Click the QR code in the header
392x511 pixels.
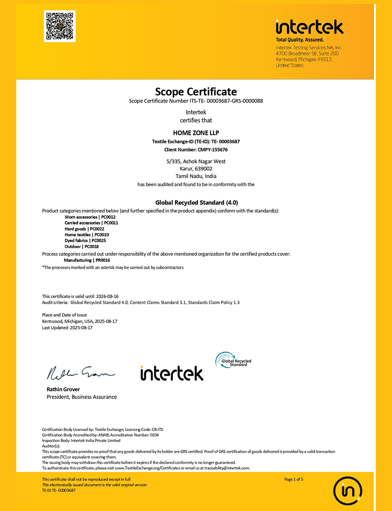(60, 26)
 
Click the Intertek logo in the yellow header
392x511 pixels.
(309, 28)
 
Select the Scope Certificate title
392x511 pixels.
(196, 92)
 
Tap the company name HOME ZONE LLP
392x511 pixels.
(196, 133)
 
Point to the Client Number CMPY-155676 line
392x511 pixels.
(196, 149)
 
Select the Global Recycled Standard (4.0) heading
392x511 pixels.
(196, 202)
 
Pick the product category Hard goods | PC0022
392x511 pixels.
(85, 229)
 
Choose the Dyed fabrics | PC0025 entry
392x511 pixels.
(85, 241)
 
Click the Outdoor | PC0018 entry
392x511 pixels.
(81, 247)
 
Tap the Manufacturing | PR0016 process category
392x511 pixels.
(87, 260)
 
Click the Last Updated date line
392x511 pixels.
(67, 328)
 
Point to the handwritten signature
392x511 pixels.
(80, 373)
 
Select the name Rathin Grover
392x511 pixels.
(63, 389)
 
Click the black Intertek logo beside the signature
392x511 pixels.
(172, 373)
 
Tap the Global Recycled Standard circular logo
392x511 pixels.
(232, 360)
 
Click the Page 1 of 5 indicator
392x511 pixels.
(294, 479)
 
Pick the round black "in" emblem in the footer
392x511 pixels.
(348, 490)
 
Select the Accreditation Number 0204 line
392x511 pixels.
(100, 435)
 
